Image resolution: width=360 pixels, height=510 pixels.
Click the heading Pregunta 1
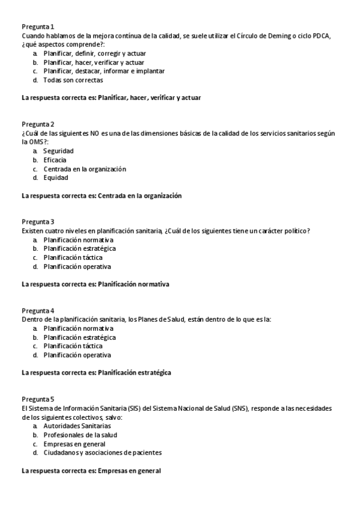click(x=38, y=27)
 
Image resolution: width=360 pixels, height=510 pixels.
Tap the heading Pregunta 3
click(x=38, y=222)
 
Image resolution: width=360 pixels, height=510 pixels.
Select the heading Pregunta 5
click(x=38, y=399)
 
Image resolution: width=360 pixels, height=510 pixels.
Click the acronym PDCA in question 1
click(x=320, y=36)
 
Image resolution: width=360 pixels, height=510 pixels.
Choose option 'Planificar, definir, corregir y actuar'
click(x=94, y=54)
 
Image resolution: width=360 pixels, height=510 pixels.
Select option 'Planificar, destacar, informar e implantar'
click(x=103, y=71)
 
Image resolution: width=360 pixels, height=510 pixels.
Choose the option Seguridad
click(x=58, y=151)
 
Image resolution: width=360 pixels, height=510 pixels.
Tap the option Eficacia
click(x=55, y=160)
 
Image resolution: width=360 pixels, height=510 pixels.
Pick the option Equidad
click(x=56, y=177)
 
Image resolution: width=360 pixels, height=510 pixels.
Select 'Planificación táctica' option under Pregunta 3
click(x=73, y=257)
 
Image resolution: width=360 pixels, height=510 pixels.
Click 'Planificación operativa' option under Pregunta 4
click(x=77, y=355)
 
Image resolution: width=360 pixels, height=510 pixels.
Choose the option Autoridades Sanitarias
click(x=77, y=426)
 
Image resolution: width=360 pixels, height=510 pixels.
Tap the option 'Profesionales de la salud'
click(x=80, y=435)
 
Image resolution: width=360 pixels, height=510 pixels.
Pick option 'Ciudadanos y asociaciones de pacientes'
click(x=102, y=452)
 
